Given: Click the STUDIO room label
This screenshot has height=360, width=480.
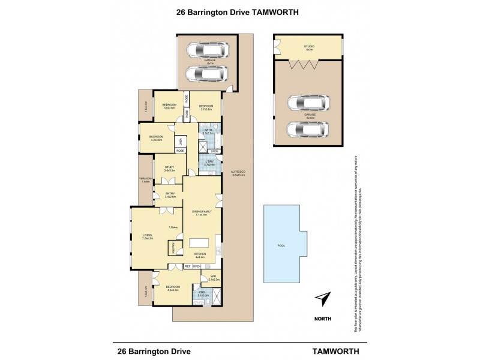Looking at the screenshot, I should point(310,46).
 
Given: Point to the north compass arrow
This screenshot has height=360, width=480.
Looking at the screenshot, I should point(323,299).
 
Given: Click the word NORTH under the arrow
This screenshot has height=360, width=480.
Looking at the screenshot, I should point(323,319).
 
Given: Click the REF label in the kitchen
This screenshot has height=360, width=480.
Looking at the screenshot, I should point(187,265).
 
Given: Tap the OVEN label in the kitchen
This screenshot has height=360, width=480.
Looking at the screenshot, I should point(196,265).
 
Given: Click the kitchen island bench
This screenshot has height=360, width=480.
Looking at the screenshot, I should point(201,242).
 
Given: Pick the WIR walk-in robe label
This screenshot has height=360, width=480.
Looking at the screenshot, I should point(213,277).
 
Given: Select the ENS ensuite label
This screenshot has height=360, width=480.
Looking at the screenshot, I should point(202,293).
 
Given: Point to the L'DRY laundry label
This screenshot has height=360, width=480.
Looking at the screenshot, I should point(209,162).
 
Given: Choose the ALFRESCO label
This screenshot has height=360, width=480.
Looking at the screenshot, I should point(238,172).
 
